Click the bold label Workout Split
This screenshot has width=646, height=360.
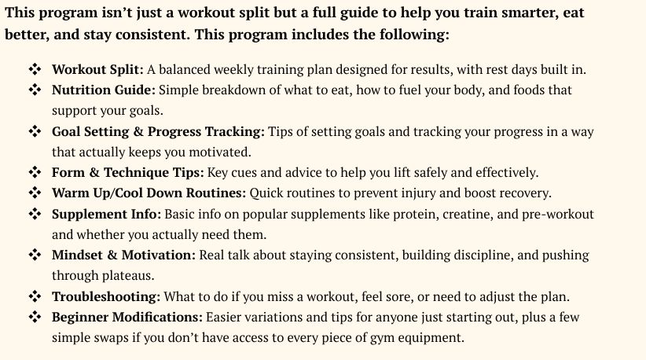coord(97,70)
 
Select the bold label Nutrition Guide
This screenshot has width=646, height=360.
coord(104,90)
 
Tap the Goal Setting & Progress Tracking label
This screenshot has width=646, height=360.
coord(158,132)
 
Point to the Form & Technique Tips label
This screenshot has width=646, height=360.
coord(128,173)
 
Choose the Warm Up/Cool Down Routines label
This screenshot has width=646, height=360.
coord(149,193)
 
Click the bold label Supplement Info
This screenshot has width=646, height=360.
coord(106,214)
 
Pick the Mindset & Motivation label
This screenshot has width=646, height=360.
coord(123,255)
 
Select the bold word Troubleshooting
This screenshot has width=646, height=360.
coord(106,296)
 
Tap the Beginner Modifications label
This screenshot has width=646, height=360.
coord(127,318)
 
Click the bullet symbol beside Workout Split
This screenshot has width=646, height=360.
coord(35,69)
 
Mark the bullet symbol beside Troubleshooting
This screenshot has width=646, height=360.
coord(35,296)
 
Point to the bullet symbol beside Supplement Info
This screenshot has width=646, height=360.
coord(35,214)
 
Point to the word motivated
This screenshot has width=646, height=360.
coord(220,152)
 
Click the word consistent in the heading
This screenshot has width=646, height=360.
coord(152,35)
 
